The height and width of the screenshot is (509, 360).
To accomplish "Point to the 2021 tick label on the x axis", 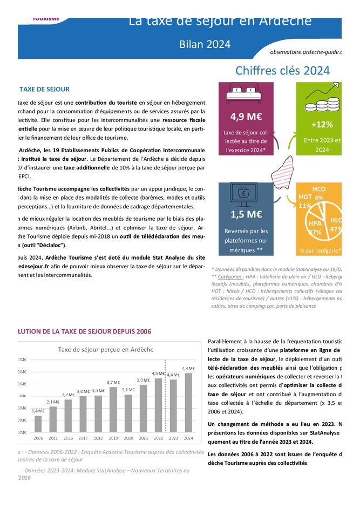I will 144,438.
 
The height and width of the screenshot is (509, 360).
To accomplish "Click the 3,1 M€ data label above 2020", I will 128,390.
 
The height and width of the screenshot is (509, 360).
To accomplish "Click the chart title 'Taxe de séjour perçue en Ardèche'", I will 105,349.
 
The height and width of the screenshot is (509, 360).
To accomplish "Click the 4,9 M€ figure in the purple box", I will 246,117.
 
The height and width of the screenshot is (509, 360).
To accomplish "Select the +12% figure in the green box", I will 322,125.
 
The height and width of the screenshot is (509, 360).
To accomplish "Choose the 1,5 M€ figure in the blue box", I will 246,215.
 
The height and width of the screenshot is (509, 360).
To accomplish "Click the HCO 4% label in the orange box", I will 319,193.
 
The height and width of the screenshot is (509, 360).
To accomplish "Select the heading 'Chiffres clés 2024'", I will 282,71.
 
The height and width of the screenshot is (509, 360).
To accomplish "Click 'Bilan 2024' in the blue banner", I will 205,45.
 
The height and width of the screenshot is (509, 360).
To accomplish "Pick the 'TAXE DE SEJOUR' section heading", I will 44,90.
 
